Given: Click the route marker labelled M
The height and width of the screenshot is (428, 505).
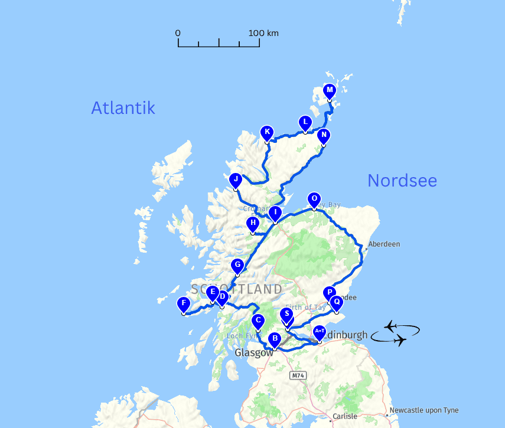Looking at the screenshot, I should pos(330,91).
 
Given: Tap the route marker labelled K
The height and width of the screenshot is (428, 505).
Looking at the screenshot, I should pos(267,132).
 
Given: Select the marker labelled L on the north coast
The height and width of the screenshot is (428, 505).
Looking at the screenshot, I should pos(305,123).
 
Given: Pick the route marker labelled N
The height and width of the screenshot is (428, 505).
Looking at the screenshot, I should pos(323,135).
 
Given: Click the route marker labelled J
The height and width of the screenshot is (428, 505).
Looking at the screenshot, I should pos(236,179).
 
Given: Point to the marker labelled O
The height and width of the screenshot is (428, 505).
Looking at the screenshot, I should pos(314,199).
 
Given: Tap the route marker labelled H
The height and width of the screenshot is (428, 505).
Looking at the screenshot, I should pos(253,224).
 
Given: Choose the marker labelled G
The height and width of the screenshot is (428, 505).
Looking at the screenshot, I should pos(237,266).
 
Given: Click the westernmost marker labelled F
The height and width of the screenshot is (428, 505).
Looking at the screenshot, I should pos(184,304).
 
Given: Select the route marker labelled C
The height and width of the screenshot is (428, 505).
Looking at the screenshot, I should pos(258,321).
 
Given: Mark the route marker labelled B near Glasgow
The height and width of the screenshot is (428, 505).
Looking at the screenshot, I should pos(274,339).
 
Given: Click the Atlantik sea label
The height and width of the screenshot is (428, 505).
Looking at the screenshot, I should pos(123,107).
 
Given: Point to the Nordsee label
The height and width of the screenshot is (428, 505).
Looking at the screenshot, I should pos(402,181).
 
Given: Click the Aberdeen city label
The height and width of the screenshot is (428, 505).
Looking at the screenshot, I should pos(384,244).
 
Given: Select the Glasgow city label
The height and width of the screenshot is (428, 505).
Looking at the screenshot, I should pos(254,352).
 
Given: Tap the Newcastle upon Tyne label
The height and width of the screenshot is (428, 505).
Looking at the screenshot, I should pos(424,410).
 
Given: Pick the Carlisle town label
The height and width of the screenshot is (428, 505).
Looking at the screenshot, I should pos(344,416).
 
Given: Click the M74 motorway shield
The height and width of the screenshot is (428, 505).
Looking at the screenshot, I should pos(298,375).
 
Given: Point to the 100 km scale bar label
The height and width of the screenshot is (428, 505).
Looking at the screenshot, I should pos(263,33).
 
